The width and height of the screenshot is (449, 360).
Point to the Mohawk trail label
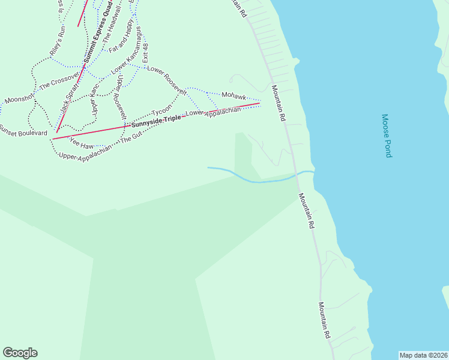pos(234,95)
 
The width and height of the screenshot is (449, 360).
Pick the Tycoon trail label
pos(161,112)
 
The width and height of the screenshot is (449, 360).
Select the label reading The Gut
pos(131,137)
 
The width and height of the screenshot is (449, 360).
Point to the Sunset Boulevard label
pos(23,130)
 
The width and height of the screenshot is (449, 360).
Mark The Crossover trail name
pos(59,82)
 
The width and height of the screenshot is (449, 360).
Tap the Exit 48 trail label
pos(145,53)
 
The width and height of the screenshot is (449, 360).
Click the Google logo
pos(20,353)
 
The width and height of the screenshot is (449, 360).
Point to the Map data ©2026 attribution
pos(423,355)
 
